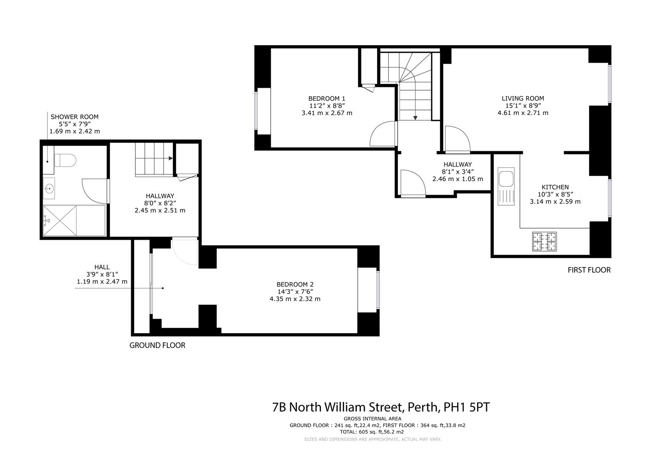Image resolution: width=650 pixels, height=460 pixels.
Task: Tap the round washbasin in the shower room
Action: click(x=49, y=187)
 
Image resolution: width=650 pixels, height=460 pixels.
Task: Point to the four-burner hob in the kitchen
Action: click(x=544, y=241)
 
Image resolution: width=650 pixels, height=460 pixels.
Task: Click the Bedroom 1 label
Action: click(x=326, y=98)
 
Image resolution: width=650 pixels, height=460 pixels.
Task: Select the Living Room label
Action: click(x=523, y=98)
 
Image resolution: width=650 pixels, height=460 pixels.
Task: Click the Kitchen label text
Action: click(x=555, y=187)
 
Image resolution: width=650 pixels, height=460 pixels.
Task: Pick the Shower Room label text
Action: click(x=74, y=117)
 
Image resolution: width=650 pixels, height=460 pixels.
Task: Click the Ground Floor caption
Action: click(x=157, y=345)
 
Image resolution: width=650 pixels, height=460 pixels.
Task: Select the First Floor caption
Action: click(x=589, y=270)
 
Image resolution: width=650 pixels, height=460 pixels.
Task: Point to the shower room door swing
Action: click(x=94, y=191)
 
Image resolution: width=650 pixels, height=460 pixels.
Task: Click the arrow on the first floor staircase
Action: click(x=415, y=117)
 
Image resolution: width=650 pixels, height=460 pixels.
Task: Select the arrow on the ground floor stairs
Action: click(x=170, y=158)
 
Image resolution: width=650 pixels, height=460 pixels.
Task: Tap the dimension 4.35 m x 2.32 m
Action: click(x=295, y=299)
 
